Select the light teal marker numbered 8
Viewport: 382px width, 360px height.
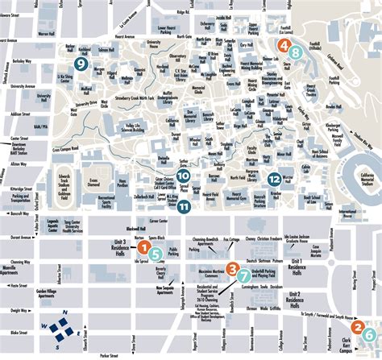296,54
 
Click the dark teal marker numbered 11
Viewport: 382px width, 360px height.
185,206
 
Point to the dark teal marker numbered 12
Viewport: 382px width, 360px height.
275,179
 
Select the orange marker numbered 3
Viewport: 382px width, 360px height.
232,268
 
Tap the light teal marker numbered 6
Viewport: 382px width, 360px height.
368,334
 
